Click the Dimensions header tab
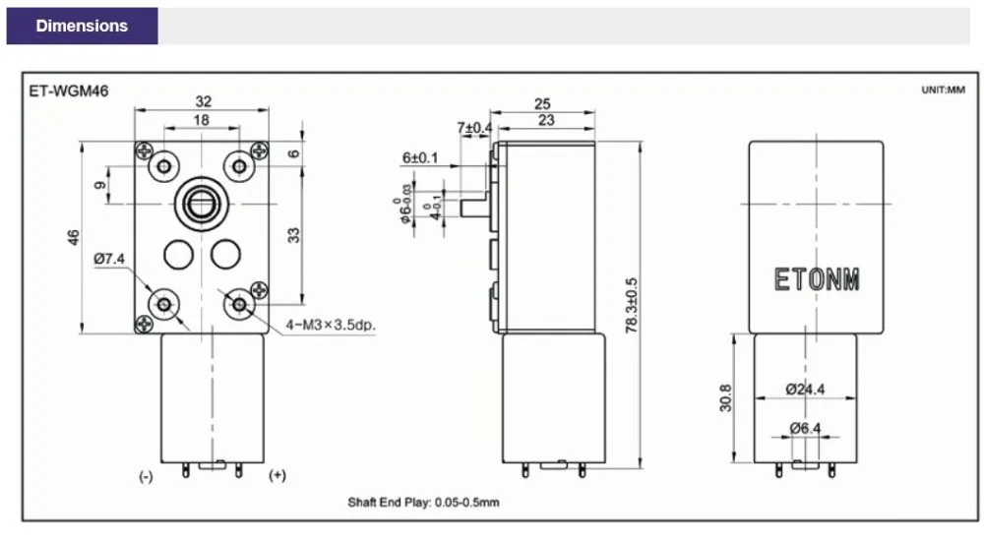pos(83,26)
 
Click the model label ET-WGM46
pos(69,91)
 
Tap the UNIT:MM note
pos(943,90)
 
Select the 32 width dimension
pos(204,101)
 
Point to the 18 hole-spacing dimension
pos(202,120)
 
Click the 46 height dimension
pos(74,237)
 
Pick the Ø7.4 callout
pos(109,258)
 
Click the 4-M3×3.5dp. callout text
pos(331,325)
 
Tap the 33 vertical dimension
pos(293,235)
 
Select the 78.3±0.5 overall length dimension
pos(632,305)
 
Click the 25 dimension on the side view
pos(542,103)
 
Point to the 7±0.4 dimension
pos(474,128)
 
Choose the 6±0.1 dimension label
pos(420,157)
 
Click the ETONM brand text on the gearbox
pos(817,279)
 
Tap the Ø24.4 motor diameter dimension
pos(805,389)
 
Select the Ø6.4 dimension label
pos(805,428)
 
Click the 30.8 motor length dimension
pos(725,398)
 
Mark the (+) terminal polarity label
pos(277,475)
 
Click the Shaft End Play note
pos(423,502)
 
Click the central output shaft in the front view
pos(202,204)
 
